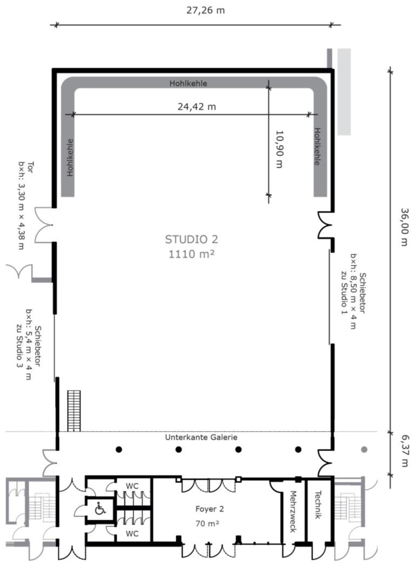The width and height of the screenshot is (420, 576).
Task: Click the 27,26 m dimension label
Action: (x=205, y=10)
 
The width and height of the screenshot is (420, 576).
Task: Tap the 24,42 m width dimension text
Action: (x=197, y=107)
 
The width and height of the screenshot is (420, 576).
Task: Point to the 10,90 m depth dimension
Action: (x=279, y=149)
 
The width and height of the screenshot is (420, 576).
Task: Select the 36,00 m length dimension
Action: (x=404, y=227)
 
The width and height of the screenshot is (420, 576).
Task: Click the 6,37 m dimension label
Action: (x=404, y=451)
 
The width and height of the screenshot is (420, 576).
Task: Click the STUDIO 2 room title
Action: (x=191, y=240)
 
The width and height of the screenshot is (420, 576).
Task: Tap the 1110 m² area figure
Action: (x=191, y=254)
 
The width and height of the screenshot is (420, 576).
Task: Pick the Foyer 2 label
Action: (x=210, y=509)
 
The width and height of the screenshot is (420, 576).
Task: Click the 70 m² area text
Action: (x=207, y=523)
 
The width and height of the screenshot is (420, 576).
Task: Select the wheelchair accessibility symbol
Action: (x=100, y=509)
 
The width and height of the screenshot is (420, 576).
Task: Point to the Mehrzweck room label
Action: (x=293, y=512)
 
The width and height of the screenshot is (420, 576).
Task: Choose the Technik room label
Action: (x=318, y=505)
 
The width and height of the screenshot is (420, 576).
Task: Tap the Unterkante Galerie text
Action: (x=201, y=437)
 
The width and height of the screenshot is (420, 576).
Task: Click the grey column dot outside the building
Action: (x=364, y=449)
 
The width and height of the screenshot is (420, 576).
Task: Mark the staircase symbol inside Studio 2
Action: (x=74, y=411)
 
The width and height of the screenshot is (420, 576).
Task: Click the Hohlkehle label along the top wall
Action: (x=188, y=83)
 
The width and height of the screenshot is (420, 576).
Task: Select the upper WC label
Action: (x=132, y=486)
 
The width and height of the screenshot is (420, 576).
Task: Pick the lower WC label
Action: (x=132, y=533)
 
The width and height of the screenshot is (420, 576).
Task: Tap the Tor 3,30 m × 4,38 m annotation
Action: (x=26, y=206)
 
